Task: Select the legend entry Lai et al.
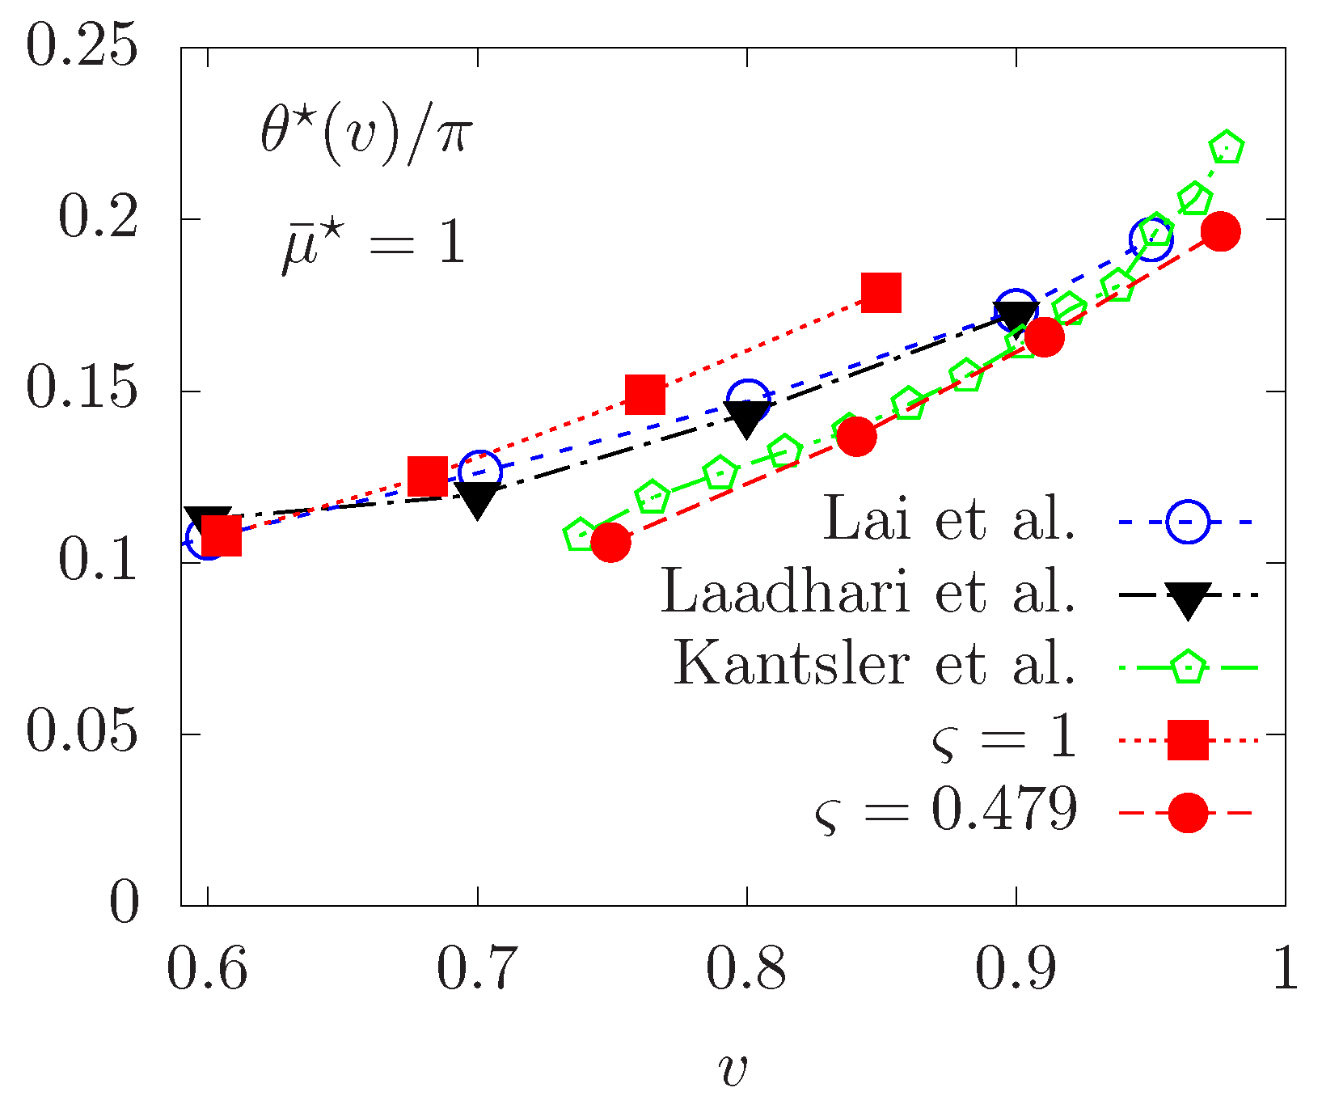[949, 519]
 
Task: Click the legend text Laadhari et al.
[868, 592]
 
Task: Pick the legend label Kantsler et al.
[874, 665]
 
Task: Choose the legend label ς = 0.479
[946, 810]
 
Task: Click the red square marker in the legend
[1187, 738]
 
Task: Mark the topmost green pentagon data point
[1227, 147]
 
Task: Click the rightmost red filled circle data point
[1220, 232]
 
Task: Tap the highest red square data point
[881, 292]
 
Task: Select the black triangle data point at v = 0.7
[477, 499]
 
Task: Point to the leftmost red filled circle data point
[610, 541]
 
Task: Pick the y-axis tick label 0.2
[96, 218]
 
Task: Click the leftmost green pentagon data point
[580, 535]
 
